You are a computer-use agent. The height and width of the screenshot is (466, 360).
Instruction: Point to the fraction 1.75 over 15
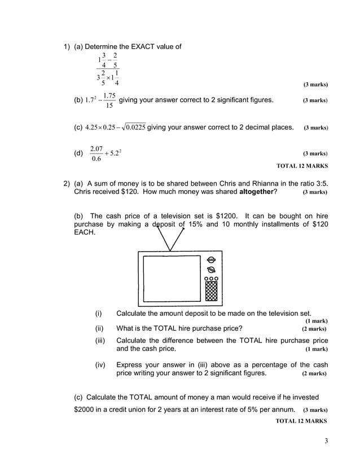109,100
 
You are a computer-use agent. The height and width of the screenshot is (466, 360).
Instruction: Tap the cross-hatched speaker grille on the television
211,292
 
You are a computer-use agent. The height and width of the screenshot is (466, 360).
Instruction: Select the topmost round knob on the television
211,260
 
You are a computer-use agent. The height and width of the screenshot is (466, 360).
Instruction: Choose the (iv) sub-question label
100,365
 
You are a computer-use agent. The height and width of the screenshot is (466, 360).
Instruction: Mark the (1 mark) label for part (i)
317,321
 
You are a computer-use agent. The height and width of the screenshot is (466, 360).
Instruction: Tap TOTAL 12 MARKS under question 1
302,166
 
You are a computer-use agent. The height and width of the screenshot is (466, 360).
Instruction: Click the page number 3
326,441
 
